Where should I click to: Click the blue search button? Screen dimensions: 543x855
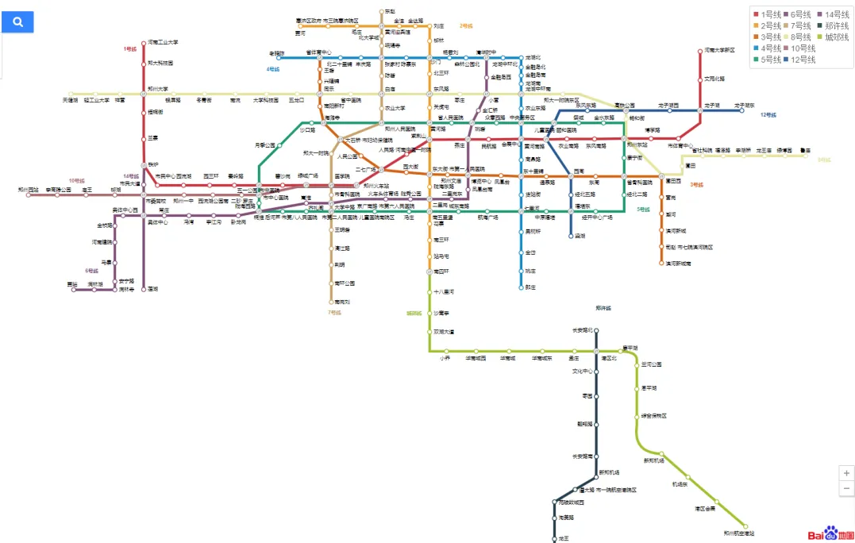pyautogui.click(x=17, y=22)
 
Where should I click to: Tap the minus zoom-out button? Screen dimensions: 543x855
pyautogui.click(x=846, y=488)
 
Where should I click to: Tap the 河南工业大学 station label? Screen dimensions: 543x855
pyautogui.click(x=163, y=42)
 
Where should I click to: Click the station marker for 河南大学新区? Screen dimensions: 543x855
pyautogui.click(x=700, y=50)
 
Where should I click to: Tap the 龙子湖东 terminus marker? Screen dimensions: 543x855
pyautogui.click(x=744, y=110)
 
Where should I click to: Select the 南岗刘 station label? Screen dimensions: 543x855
pyautogui.click(x=342, y=302)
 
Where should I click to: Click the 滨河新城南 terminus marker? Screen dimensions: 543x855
pyautogui.click(x=661, y=263)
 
